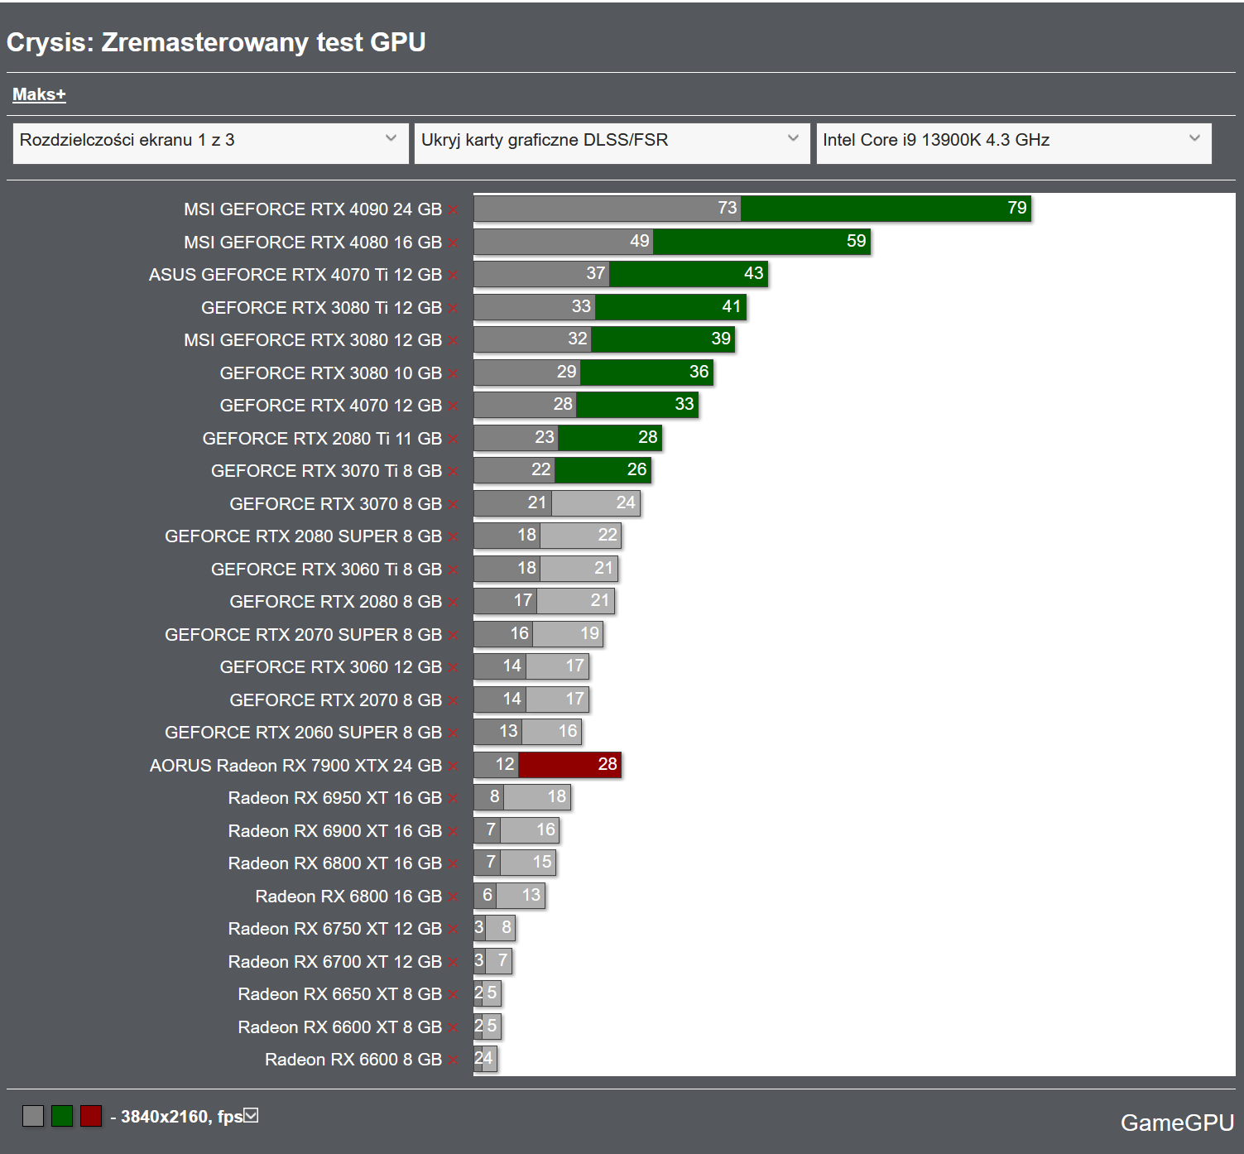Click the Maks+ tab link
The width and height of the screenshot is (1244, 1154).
coord(39,94)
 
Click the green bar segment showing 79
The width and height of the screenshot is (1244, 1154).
coord(886,209)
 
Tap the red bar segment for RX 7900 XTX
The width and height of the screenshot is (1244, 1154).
coord(569,765)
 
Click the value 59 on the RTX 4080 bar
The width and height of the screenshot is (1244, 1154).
coord(856,241)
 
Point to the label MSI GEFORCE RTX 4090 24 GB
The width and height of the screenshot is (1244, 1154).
coord(312,209)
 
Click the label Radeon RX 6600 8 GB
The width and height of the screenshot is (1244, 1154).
coord(353,1060)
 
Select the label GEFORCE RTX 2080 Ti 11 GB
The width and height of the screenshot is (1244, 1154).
coord(322,439)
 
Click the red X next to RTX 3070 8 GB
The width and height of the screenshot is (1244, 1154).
coord(454,504)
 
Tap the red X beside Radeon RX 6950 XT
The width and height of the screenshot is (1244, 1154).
coord(454,799)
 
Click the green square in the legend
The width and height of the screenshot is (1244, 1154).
coord(62,1116)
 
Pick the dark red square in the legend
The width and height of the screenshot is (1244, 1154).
coord(91,1116)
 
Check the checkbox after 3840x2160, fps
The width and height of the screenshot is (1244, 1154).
coord(251,1116)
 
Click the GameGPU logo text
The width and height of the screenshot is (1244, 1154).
coord(1177,1123)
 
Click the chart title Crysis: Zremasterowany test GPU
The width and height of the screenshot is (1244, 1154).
coord(216,42)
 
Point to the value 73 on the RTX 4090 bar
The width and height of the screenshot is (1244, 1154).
coord(727,208)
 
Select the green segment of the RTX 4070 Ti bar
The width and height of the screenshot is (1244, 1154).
coord(689,274)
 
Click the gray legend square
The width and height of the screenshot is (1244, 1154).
coord(33,1116)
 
